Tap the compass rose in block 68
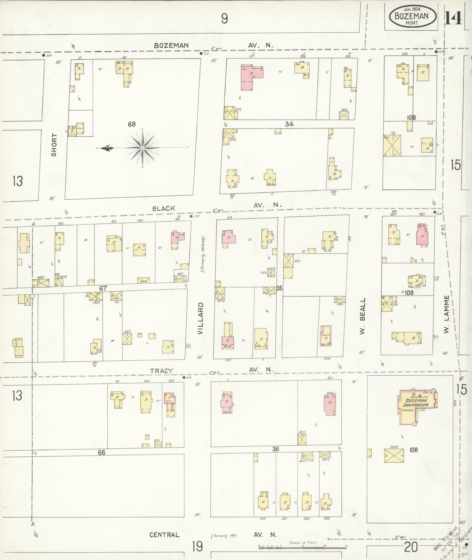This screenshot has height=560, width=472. coord(143,148)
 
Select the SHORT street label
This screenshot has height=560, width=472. coord(54,144)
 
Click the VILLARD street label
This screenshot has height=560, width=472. coord(201,318)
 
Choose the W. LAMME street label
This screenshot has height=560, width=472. coord(447,314)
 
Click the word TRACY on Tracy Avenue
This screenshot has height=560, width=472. coord(161,371)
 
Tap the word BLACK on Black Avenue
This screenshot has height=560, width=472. coord(163,208)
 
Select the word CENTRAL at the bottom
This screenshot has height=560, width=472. coord(164,535)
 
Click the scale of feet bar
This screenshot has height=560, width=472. coord(302,547)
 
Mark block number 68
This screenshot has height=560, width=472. coord(132,124)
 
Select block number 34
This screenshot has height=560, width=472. coord(289,124)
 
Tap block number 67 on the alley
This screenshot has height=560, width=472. coord(103,288)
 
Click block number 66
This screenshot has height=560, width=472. coord(102,453)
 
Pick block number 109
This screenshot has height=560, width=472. coord(409,293)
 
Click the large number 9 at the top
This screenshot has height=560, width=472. coord(224,19)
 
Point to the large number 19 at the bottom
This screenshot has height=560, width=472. coord(197,546)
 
